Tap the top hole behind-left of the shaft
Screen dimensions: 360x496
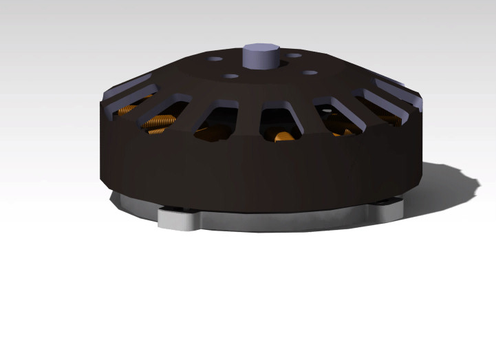[x=216, y=59]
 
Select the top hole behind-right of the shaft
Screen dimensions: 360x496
[x=294, y=55]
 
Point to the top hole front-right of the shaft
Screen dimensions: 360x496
[x=310, y=72]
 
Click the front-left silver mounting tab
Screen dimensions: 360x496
[x=180, y=219]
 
